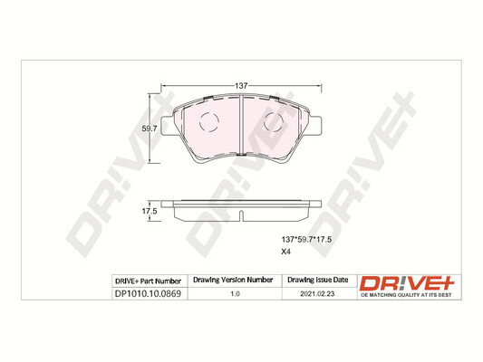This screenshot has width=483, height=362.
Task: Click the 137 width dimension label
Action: click(x=241, y=86)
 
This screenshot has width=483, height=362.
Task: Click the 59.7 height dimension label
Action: click(x=150, y=129)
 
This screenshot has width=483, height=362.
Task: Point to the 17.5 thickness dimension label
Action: click(x=150, y=211)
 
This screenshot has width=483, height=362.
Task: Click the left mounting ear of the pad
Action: click(x=168, y=126)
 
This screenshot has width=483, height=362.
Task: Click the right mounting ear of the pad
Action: click(x=315, y=126)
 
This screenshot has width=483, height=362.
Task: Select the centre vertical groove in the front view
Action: click(x=241, y=126)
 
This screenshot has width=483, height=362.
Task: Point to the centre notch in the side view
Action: click(x=241, y=215)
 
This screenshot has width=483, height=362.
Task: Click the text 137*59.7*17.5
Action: click(x=306, y=240)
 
